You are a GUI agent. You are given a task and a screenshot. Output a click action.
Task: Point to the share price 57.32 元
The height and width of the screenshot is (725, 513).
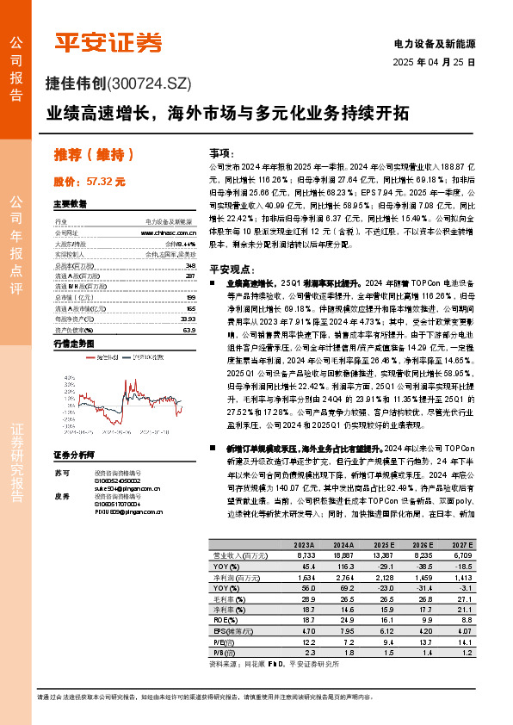(x=108, y=182)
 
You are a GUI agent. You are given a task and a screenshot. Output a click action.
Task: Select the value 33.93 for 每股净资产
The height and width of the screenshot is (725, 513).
(x=189, y=318)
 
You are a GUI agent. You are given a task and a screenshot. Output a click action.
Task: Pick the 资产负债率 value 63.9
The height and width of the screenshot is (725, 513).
(x=190, y=329)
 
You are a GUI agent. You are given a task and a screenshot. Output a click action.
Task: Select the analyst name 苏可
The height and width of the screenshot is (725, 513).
(x=60, y=473)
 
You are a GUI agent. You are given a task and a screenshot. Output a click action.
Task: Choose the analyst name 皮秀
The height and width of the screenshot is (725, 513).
(x=60, y=497)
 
